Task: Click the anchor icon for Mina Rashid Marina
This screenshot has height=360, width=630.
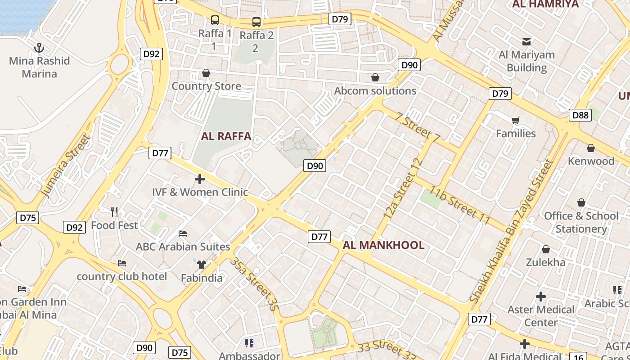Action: click(39, 47)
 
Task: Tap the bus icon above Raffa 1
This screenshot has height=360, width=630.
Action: click(215, 20)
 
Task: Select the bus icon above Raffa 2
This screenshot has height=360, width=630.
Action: click(256, 22)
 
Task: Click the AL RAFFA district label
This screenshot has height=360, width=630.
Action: click(226, 136)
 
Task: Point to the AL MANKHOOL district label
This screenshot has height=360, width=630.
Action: click(383, 245)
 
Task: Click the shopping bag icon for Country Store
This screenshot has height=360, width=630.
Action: click(206, 73)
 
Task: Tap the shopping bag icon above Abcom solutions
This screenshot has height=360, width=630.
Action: click(375, 77)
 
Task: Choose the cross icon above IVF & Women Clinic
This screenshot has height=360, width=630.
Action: click(200, 179)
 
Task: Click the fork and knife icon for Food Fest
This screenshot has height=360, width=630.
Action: click(114, 211)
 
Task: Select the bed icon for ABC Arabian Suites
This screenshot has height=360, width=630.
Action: click(183, 234)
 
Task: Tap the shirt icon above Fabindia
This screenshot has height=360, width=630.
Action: click(201, 264)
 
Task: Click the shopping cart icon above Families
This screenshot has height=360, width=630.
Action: click(516, 120)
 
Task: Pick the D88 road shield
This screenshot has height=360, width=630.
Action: click(580, 115)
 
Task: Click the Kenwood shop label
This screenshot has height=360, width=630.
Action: click(591, 161)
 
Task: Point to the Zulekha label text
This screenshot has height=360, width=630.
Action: click(545, 262)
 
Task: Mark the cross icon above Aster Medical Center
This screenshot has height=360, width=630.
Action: click(541, 297)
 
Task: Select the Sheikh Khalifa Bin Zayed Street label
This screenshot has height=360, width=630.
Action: click(511, 231)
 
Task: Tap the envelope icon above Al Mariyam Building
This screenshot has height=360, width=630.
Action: click(526, 42)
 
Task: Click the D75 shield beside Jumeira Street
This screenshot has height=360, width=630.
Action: click(28, 218)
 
